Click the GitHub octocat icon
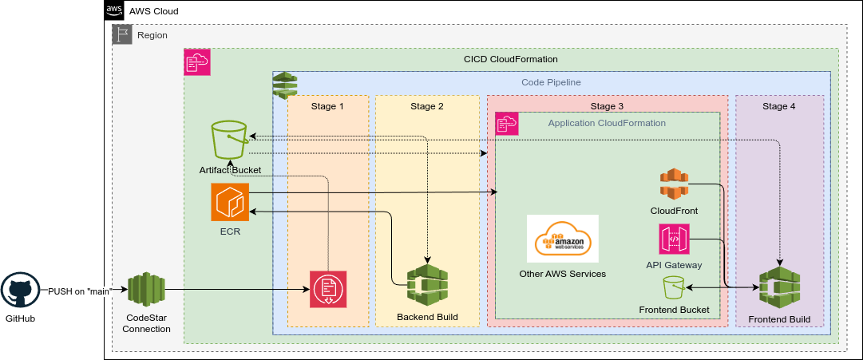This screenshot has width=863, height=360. coord(20,291)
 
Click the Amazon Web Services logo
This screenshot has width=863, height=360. coord(562,239)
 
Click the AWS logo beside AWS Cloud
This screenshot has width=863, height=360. coord(115,11)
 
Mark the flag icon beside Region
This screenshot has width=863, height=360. coord(122,34)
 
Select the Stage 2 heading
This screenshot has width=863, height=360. coord(427,106)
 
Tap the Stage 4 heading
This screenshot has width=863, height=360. coord(779,106)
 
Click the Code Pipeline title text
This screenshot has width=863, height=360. coord(551,82)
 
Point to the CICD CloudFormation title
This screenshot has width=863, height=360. coord(511,59)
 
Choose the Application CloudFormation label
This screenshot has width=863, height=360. coord(607,123)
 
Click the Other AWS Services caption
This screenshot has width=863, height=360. coord(563,274)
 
